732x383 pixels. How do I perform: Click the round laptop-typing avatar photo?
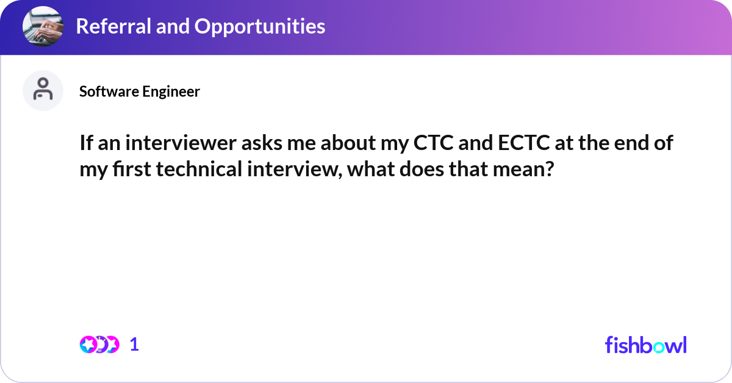tap(43, 26)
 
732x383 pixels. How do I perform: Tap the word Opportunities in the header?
tap(260, 27)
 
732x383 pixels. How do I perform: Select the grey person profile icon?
tap(43, 90)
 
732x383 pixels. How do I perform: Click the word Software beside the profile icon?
tap(109, 91)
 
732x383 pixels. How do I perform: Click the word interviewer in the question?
tap(181, 143)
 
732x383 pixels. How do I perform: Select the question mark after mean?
tap(550, 170)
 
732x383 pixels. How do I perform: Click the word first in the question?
tap(132, 170)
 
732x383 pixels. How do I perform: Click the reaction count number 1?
tap(134, 345)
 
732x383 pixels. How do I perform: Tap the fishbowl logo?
tap(646, 345)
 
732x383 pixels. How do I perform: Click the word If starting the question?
tap(86, 143)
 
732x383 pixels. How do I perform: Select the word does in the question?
tap(422, 170)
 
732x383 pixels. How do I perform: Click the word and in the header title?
tap(173, 26)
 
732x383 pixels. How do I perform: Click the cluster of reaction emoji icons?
tap(99, 345)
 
